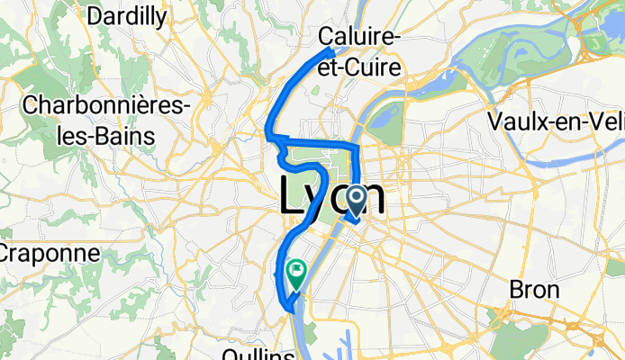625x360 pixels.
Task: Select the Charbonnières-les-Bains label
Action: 105,121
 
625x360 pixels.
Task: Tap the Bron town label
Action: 534,291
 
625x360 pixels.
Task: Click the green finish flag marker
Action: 296,269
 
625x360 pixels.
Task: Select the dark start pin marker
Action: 355,200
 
